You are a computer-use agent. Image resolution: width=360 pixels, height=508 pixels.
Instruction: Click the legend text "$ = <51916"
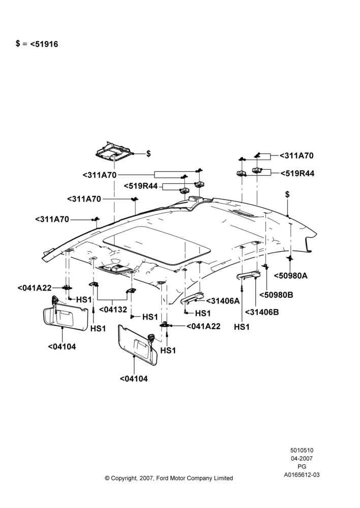point(37,44)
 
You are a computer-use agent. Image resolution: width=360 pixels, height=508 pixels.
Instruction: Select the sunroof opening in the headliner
point(156,244)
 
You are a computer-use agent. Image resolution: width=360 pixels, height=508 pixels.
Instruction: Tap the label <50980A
point(291,276)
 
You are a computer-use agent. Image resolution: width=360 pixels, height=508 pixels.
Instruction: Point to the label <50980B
point(276,295)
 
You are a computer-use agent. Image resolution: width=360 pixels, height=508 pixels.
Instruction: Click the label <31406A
point(223,301)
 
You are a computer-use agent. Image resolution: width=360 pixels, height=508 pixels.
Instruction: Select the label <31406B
point(262,312)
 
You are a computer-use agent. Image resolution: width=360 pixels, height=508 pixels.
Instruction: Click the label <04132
point(113,310)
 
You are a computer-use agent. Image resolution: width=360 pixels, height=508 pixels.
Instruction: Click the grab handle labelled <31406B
point(249,275)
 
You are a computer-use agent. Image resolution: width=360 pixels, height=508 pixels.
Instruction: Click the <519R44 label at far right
point(297,173)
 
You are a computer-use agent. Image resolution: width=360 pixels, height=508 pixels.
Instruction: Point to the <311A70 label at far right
point(296,156)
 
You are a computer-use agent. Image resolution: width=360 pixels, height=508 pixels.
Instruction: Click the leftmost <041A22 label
point(35,288)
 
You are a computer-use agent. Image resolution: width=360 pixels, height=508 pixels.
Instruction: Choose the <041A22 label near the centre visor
point(203,326)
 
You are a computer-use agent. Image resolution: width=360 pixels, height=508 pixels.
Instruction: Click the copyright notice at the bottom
point(169,478)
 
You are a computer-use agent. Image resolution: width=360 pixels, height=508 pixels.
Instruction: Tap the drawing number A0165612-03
point(302,475)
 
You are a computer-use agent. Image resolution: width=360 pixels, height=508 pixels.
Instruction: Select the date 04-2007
point(302,458)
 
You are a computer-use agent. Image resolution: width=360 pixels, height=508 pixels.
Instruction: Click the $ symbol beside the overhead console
point(148,153)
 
